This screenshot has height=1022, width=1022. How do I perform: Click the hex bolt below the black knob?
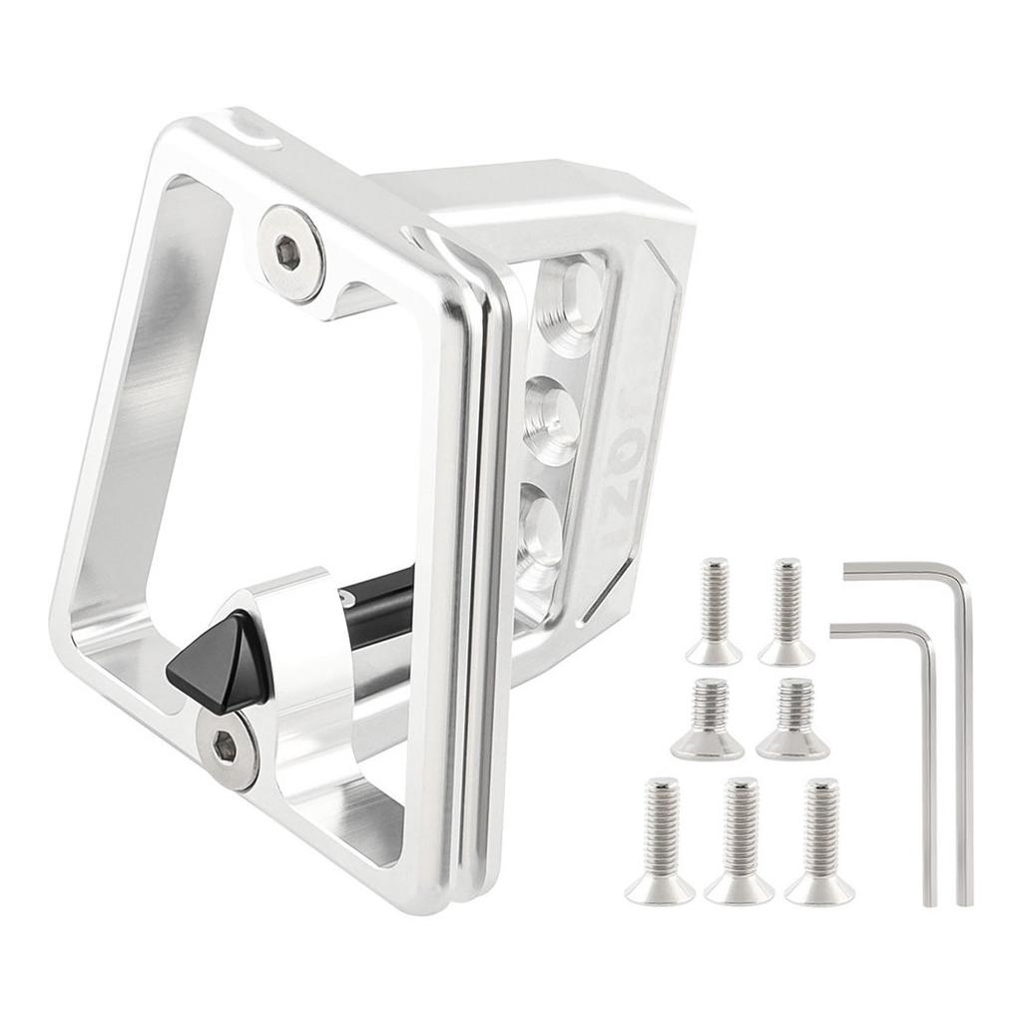click(x=227, y=746)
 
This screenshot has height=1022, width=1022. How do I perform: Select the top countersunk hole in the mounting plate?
click(x=571, y=298)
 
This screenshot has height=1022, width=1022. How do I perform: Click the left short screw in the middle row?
click(x=707, y=719)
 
